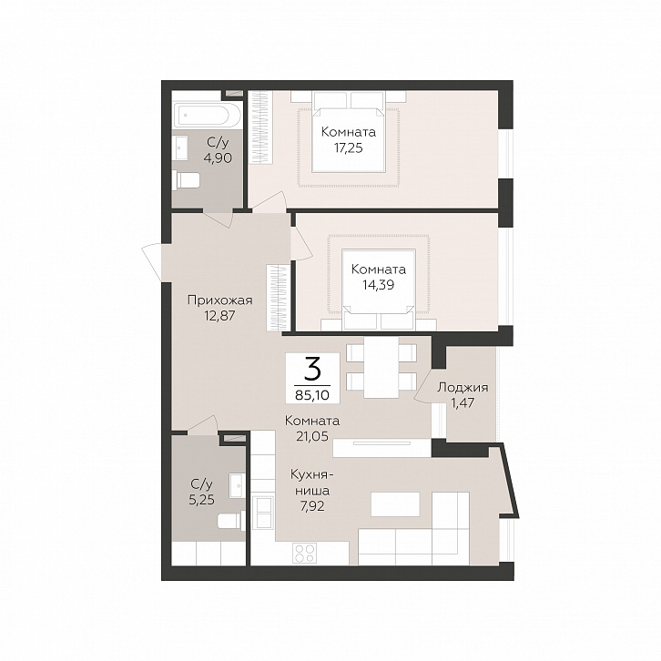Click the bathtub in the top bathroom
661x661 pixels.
click(208, 115)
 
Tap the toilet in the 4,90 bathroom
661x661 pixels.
click(186, 180)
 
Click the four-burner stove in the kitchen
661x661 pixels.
click(305, 553)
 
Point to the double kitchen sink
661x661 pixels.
click(263, 512)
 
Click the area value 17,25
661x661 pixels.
click(349, 148)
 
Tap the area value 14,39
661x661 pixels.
click(379, 285)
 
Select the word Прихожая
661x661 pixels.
click(219, 300)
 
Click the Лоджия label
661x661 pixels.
click(463, 388)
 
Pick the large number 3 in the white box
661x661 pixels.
click(312, 371)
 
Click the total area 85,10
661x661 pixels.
click(312, 395)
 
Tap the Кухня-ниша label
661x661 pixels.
click(312, 483)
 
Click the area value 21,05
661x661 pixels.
click(312, 436)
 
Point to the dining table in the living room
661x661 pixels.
click(381, 367)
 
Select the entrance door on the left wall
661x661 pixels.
click(152, 262)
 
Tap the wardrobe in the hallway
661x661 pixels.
click(278, 298)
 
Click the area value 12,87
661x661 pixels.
click(219, 316)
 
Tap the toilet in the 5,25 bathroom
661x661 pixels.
click(231, 521)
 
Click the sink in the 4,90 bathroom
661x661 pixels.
click(181, 148)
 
